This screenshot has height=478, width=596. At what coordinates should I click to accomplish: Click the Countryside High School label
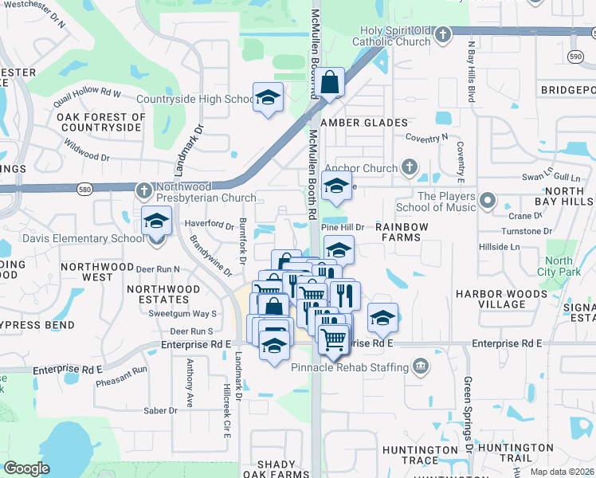(x=195, y=100)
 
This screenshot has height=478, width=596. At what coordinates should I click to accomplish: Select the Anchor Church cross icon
(x=409, y=167)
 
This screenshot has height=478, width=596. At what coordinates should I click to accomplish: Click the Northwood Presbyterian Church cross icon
(x=143, y=190)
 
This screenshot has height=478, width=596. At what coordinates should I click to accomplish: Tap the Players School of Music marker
(x=488, y=202)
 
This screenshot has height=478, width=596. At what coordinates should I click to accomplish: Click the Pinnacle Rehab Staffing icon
(x=420, y=366)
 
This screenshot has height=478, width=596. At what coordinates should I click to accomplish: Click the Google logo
(x=26, y=468)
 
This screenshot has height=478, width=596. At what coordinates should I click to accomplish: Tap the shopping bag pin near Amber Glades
(x=329, y=83)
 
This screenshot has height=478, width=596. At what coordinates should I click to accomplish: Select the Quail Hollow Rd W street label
(x=88, y=97)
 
